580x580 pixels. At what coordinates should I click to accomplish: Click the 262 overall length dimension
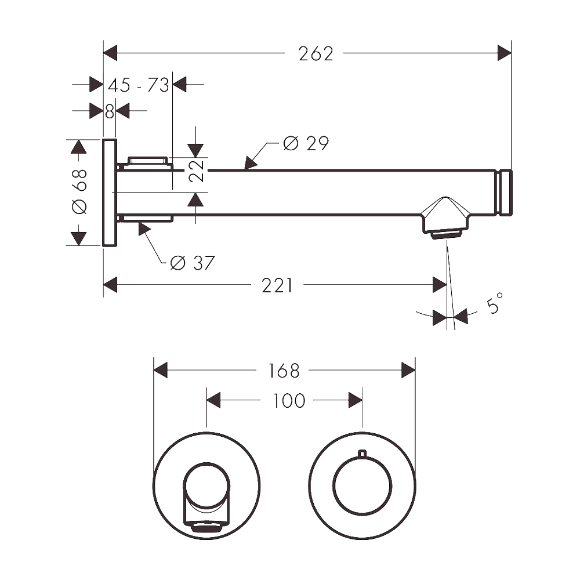316,53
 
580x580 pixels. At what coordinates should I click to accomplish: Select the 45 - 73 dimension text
139,85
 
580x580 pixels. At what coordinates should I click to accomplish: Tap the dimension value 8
110,111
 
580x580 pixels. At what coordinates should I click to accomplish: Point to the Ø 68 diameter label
79,191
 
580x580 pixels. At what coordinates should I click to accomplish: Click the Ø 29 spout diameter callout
306,143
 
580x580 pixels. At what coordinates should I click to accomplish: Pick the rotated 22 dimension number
197,171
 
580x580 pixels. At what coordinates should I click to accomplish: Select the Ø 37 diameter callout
193,263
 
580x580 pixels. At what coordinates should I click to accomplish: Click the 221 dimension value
277,285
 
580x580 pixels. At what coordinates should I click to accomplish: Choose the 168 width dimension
284,371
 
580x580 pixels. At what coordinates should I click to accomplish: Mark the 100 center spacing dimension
288,401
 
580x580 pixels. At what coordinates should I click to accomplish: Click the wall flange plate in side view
110,193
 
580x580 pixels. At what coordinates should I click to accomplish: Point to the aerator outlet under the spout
445,234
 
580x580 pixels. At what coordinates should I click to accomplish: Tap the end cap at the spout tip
506,193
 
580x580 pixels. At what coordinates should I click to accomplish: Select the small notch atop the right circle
362,453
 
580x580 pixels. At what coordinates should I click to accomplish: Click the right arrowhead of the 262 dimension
504,53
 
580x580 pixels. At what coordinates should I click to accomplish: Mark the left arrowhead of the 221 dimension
110,285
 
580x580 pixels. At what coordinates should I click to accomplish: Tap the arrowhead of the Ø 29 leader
251,164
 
